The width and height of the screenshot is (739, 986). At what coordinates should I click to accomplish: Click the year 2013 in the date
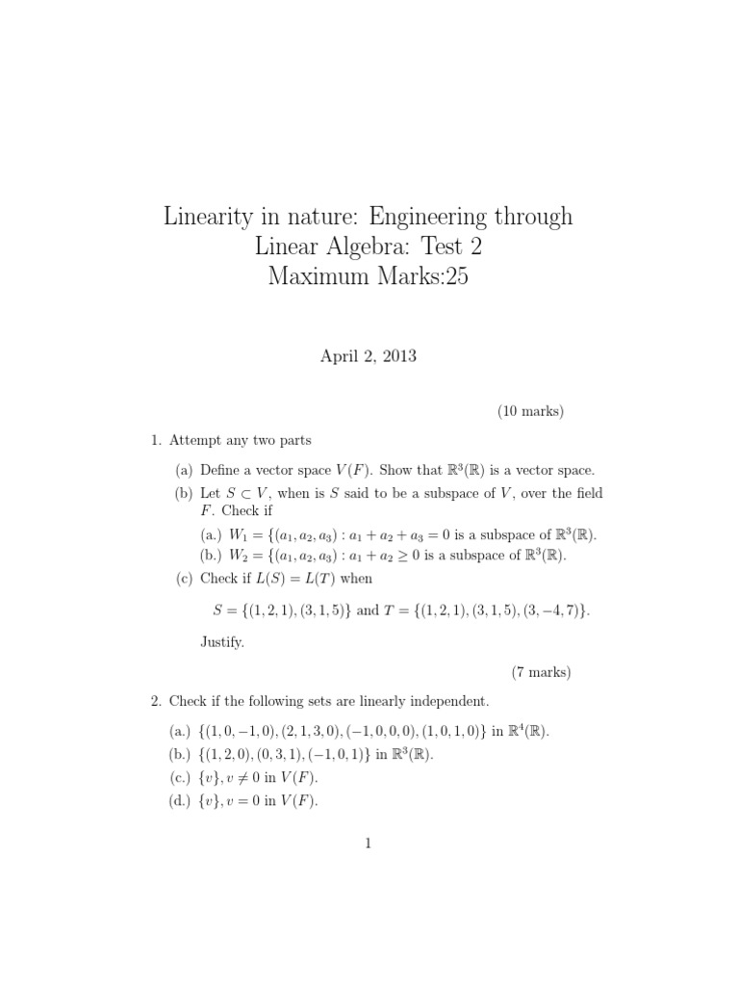coord(399,356)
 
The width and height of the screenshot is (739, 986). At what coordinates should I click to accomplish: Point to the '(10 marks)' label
coord(530,411)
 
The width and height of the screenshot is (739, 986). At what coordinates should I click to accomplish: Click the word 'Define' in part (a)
coord(223,471)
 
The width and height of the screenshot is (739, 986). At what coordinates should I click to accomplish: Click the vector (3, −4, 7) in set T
coord(549,610)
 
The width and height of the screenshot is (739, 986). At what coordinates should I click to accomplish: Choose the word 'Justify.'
coord(224,640)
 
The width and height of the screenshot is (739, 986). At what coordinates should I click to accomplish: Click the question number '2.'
coord(156,700)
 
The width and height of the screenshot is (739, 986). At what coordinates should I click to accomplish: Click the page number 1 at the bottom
coord(369,844)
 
